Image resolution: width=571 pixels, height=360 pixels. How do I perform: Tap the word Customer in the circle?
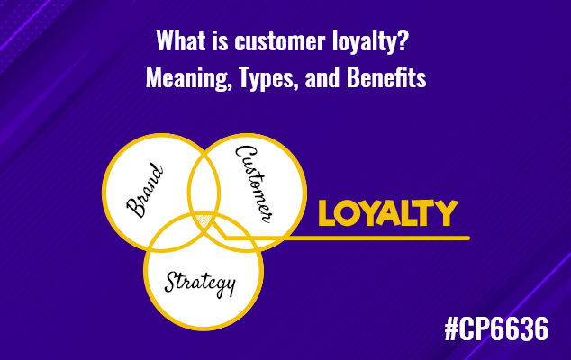pos(255,180)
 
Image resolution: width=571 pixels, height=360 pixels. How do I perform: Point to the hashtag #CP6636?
pos(495,330)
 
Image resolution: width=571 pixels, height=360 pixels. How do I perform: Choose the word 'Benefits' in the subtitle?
pos(389,78)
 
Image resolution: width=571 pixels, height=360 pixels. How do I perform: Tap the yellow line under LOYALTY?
pos(378,238)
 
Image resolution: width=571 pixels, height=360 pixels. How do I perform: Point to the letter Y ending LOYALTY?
pos(446,213)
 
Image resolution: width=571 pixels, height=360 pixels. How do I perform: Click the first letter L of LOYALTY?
pos(328,213)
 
